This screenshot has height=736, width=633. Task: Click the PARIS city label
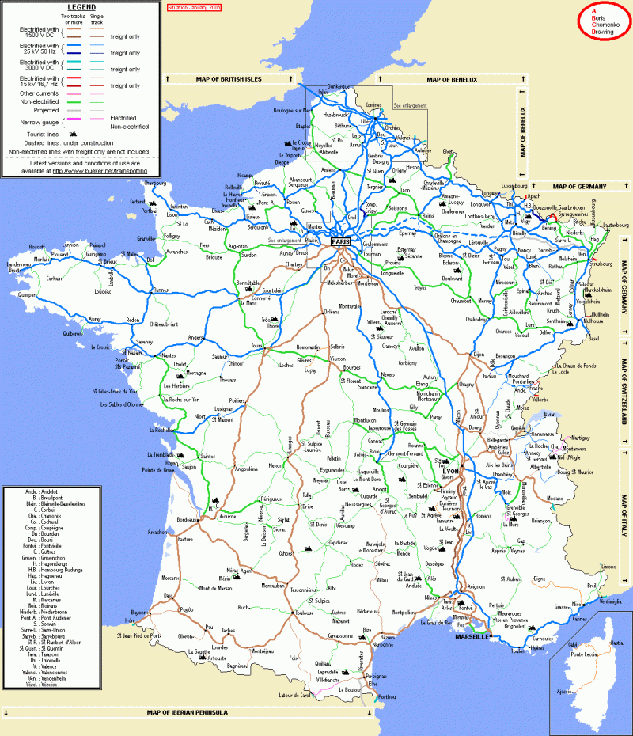[341, 241]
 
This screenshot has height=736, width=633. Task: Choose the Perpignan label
[376, 677]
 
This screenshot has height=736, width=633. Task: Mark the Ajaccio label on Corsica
[564, 691]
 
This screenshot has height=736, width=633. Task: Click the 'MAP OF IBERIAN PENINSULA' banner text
[187, 712]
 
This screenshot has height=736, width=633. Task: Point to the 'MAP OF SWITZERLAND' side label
[624, 404]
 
